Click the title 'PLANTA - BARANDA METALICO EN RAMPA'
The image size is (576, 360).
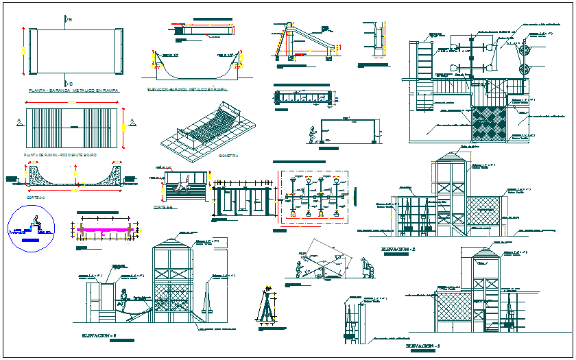coord(70,90)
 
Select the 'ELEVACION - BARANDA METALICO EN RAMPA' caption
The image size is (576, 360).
coord(187,89)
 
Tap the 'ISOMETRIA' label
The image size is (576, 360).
coord(229,156)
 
